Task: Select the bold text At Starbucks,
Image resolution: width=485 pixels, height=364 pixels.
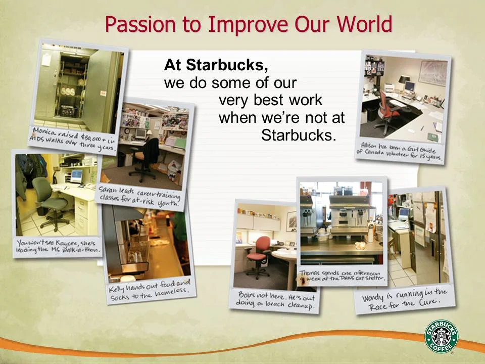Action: click(216, 65)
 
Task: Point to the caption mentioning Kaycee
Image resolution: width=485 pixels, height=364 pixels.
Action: click(57, 246)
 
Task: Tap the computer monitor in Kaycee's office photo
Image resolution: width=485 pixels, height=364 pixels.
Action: click(76, 176)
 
